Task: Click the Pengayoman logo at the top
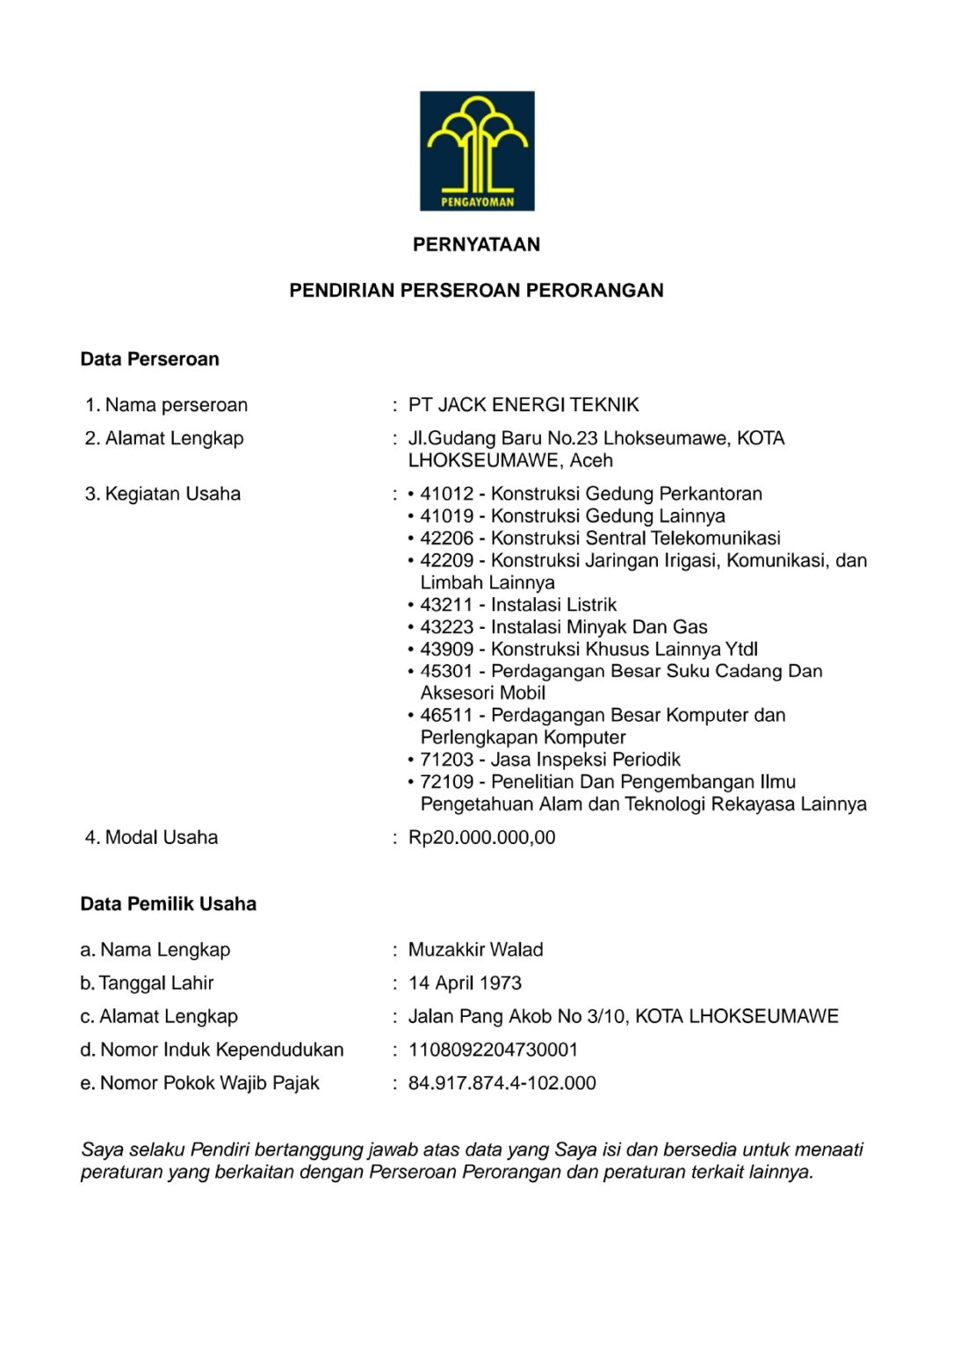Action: [477, 150]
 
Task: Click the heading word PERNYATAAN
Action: [476, 245]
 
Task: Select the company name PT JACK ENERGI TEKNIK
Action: [523, 405]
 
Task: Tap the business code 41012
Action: [446, 494]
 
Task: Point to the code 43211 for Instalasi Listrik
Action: [446, 605]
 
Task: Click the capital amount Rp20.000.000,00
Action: [481, 838]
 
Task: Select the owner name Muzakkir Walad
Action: [475, 949]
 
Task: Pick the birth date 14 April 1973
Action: [465, 983]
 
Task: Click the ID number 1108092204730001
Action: [493, 1050]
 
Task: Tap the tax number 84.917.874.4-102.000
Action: [502, 1083]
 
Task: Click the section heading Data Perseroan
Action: [149, 359]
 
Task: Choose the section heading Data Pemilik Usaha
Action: [168, 904]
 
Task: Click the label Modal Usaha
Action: [161, 838]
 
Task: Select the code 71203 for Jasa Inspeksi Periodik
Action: [446, 760]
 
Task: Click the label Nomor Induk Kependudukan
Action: [221, 1050]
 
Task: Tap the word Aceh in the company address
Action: [591, 460]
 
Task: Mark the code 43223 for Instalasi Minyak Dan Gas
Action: [446, 627]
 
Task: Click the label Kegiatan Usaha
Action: [172, 494]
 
